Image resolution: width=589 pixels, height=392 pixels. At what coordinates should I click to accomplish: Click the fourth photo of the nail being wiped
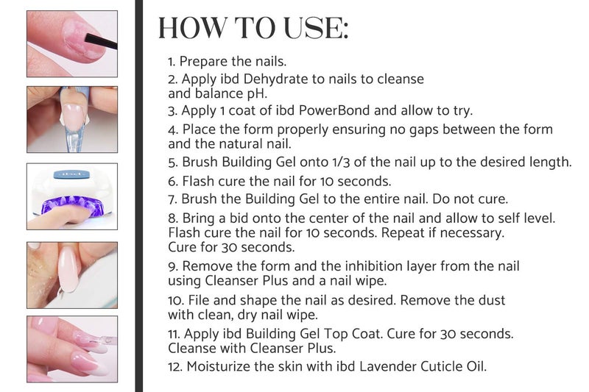(72, 274)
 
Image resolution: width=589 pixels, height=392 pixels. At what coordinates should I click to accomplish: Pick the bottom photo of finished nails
(72, 349)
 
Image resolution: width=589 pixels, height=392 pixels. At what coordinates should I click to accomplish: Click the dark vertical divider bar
(138, 196)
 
